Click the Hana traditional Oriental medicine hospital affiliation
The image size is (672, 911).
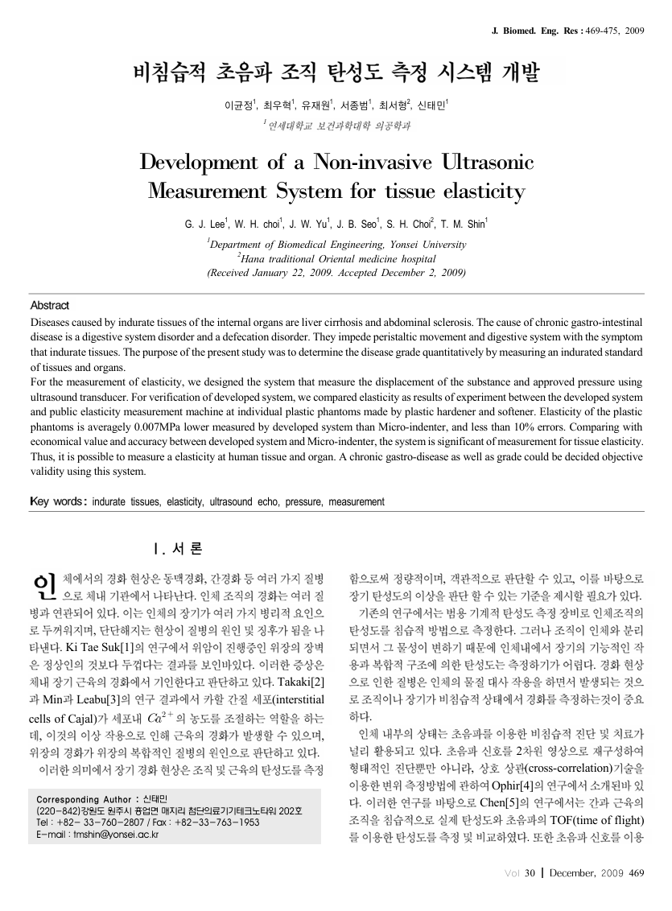click(336, 259)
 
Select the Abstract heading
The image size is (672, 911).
click(50, 305)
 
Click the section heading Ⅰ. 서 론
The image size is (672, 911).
click(177, 549)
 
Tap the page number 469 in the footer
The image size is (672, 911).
click(637, 873)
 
